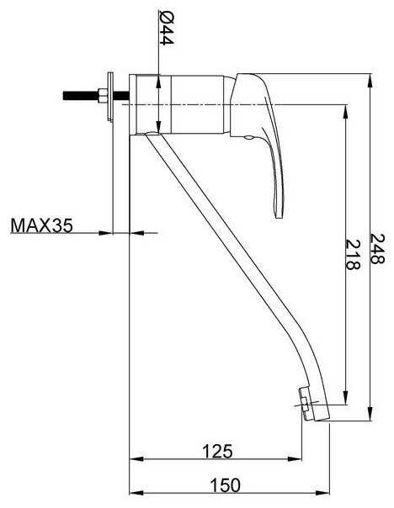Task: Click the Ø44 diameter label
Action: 167,28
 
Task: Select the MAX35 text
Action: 42,225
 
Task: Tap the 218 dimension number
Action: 353,255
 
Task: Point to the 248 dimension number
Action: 377,249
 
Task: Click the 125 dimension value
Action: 217,451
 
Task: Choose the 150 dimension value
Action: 226,485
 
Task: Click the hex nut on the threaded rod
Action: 102,96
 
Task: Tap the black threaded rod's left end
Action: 63,96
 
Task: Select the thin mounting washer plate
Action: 110,97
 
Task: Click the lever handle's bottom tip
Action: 280,218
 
